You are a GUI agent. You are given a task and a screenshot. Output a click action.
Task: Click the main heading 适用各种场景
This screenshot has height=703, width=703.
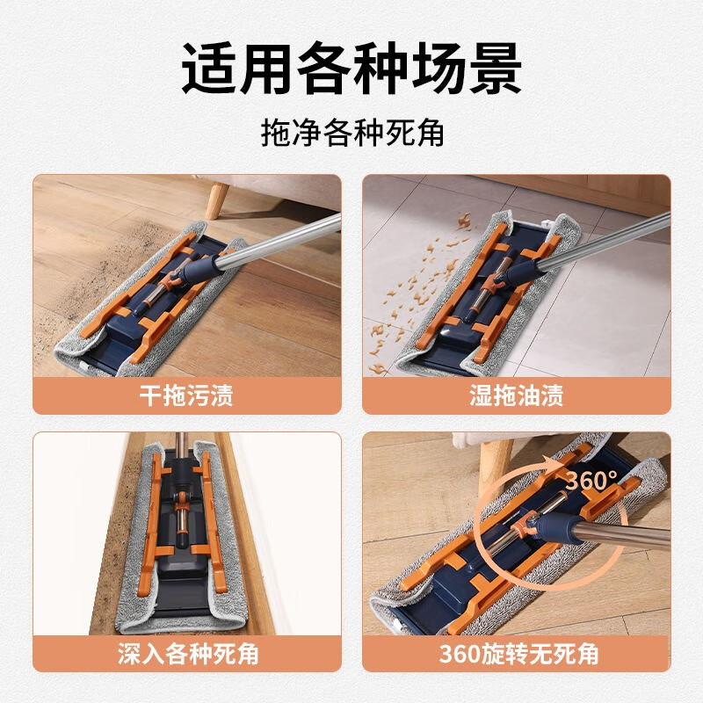351,68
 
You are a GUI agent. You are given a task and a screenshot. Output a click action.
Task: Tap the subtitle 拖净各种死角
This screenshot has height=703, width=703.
352,133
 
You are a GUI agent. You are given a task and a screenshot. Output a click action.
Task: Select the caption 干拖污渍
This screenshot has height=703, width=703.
186,395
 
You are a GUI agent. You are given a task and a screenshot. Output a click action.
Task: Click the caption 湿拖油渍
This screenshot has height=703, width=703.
517,395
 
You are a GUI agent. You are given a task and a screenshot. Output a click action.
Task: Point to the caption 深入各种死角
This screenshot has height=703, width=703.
188,654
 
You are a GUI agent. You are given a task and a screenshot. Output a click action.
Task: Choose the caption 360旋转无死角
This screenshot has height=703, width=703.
518,654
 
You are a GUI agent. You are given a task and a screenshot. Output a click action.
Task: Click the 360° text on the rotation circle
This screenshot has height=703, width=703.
591,481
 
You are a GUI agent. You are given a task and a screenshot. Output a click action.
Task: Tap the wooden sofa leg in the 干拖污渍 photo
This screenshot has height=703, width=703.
218,200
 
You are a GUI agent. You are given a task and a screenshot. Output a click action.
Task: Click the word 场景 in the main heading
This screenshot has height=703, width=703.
467,68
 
